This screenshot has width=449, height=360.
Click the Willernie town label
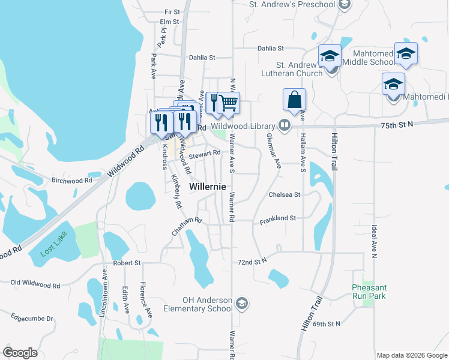point(208,187)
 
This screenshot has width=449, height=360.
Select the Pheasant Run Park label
point(369,292)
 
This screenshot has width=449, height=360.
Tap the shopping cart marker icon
point(229,103)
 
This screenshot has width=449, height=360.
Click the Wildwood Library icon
point(285,126)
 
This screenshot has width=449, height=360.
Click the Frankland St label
point(278,221)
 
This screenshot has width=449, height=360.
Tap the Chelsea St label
point(284,194)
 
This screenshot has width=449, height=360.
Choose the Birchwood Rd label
point(72,180)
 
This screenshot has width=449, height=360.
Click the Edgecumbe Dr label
point(32,319)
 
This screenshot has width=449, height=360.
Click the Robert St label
point(126,263)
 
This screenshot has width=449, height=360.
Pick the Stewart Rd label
point(205,154)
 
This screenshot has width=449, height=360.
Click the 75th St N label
point(397,124)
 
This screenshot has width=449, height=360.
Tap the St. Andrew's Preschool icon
point(344,5)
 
